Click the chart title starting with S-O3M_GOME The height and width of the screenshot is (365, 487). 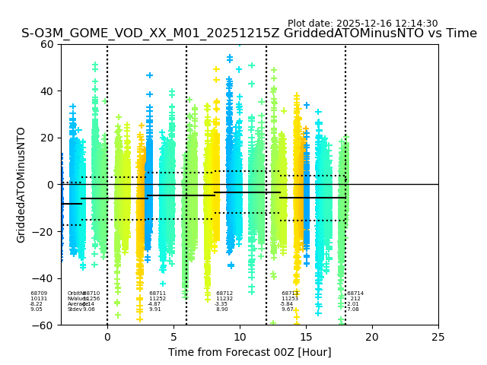[249, 33]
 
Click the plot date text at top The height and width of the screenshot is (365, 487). [362, 24]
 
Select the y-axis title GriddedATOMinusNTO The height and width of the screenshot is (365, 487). [21, 185]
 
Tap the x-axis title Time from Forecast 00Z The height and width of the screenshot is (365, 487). [250, 352]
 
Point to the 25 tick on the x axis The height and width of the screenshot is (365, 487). [438, 336]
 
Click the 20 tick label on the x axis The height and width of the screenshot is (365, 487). [372, 336]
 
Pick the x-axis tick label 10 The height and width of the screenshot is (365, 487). [240, 336]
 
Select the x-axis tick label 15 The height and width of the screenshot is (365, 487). [306, 336]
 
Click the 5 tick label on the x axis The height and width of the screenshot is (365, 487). [173, 336]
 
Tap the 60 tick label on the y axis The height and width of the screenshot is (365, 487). [46, 44]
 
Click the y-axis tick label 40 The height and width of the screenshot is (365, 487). [46, 91]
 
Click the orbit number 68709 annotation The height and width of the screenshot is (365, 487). [39, 294]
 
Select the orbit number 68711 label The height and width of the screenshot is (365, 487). [158, 294]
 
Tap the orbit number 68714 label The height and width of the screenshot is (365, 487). [355, 294]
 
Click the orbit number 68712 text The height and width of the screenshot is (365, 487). [224, 294]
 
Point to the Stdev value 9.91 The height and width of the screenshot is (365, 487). [155, 309]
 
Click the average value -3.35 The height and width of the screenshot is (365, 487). [221, 304]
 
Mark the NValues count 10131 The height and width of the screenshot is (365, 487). [39, 299]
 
